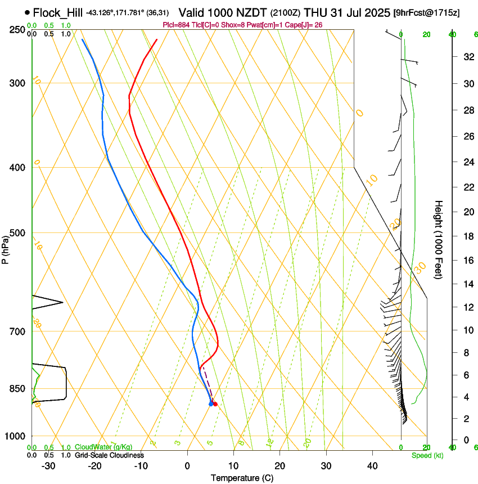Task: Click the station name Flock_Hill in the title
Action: [57, 12]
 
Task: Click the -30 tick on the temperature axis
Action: [48, 466]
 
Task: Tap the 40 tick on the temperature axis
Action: [372, 466]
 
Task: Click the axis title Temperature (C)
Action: [242, 478]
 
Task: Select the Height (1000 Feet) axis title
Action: [439, 240]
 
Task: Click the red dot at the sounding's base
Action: [215, 404]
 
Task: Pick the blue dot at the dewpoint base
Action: [211, 404]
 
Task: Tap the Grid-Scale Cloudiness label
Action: [109, 455]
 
